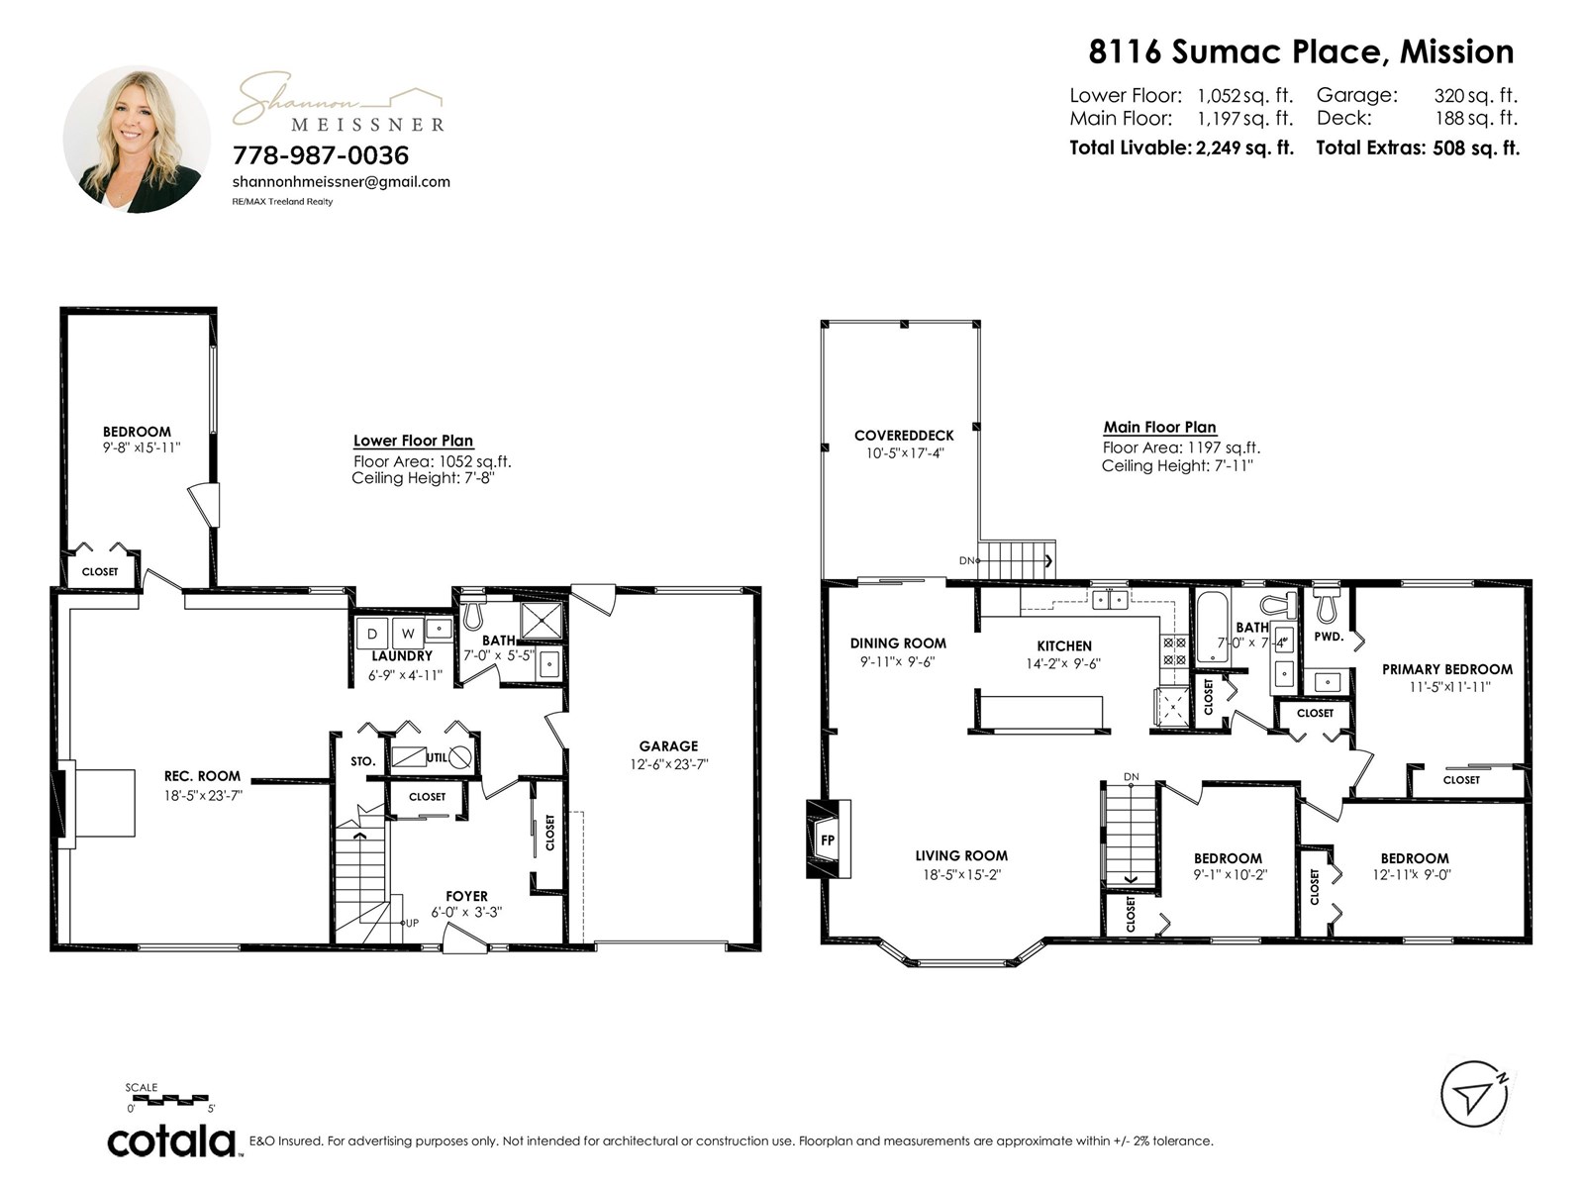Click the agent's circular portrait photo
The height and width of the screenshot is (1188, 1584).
click(x=137, y=140)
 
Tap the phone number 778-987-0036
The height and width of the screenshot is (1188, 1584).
click(x=321, y=155)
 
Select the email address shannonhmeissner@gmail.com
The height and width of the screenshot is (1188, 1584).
click(x=341, y=182)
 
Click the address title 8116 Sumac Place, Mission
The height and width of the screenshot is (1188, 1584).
click(x=1301, y=51)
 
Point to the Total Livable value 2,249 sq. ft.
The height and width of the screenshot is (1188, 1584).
click(x=1244, y=148)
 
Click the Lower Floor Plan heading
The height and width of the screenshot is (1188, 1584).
click(x=413, y=440)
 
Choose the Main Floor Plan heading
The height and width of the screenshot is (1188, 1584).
click(x=1159, y=427)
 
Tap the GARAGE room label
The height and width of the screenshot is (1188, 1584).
click(x=668, y=745)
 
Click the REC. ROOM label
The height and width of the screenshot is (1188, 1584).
click(x=202, y=776)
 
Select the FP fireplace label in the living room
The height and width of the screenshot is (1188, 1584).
click(x=828, y=840)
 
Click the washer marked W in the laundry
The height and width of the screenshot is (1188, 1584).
click(x=408, y=634)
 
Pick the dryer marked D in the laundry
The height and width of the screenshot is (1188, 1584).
click(x=372, y=634)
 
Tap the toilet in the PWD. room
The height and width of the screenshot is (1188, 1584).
click(x=1327, y=605)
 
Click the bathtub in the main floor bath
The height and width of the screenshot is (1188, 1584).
click(x=1213, y=628)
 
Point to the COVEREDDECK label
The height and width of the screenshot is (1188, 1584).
click(x=904, y=436)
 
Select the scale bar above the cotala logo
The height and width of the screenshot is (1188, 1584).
click(x=170, y=1100)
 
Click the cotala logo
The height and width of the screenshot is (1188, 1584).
click(x=171, y=1141)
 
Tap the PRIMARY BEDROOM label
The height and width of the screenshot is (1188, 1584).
click(x=1447, y=669)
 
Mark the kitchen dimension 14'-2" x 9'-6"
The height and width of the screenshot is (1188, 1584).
click(x=1063, y=663)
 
